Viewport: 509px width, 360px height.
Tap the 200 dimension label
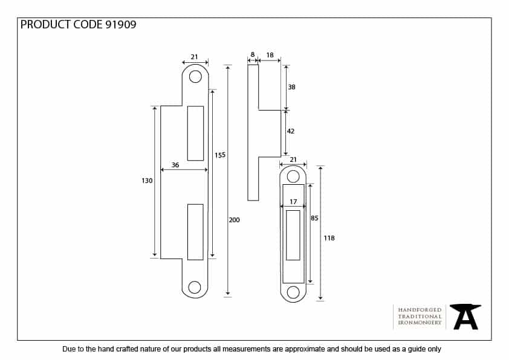(234, 220)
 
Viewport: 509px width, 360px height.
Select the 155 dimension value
(220, 155)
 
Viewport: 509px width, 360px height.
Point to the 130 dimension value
(147, 181)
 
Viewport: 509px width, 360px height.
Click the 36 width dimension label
(175, 165)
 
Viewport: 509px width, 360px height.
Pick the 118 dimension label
(329, 238)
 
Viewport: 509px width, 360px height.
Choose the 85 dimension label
(314, 218)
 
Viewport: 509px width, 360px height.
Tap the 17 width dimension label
(293, 202)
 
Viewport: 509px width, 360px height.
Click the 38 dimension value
(291, 87)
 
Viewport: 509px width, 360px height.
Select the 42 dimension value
(291, 131)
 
